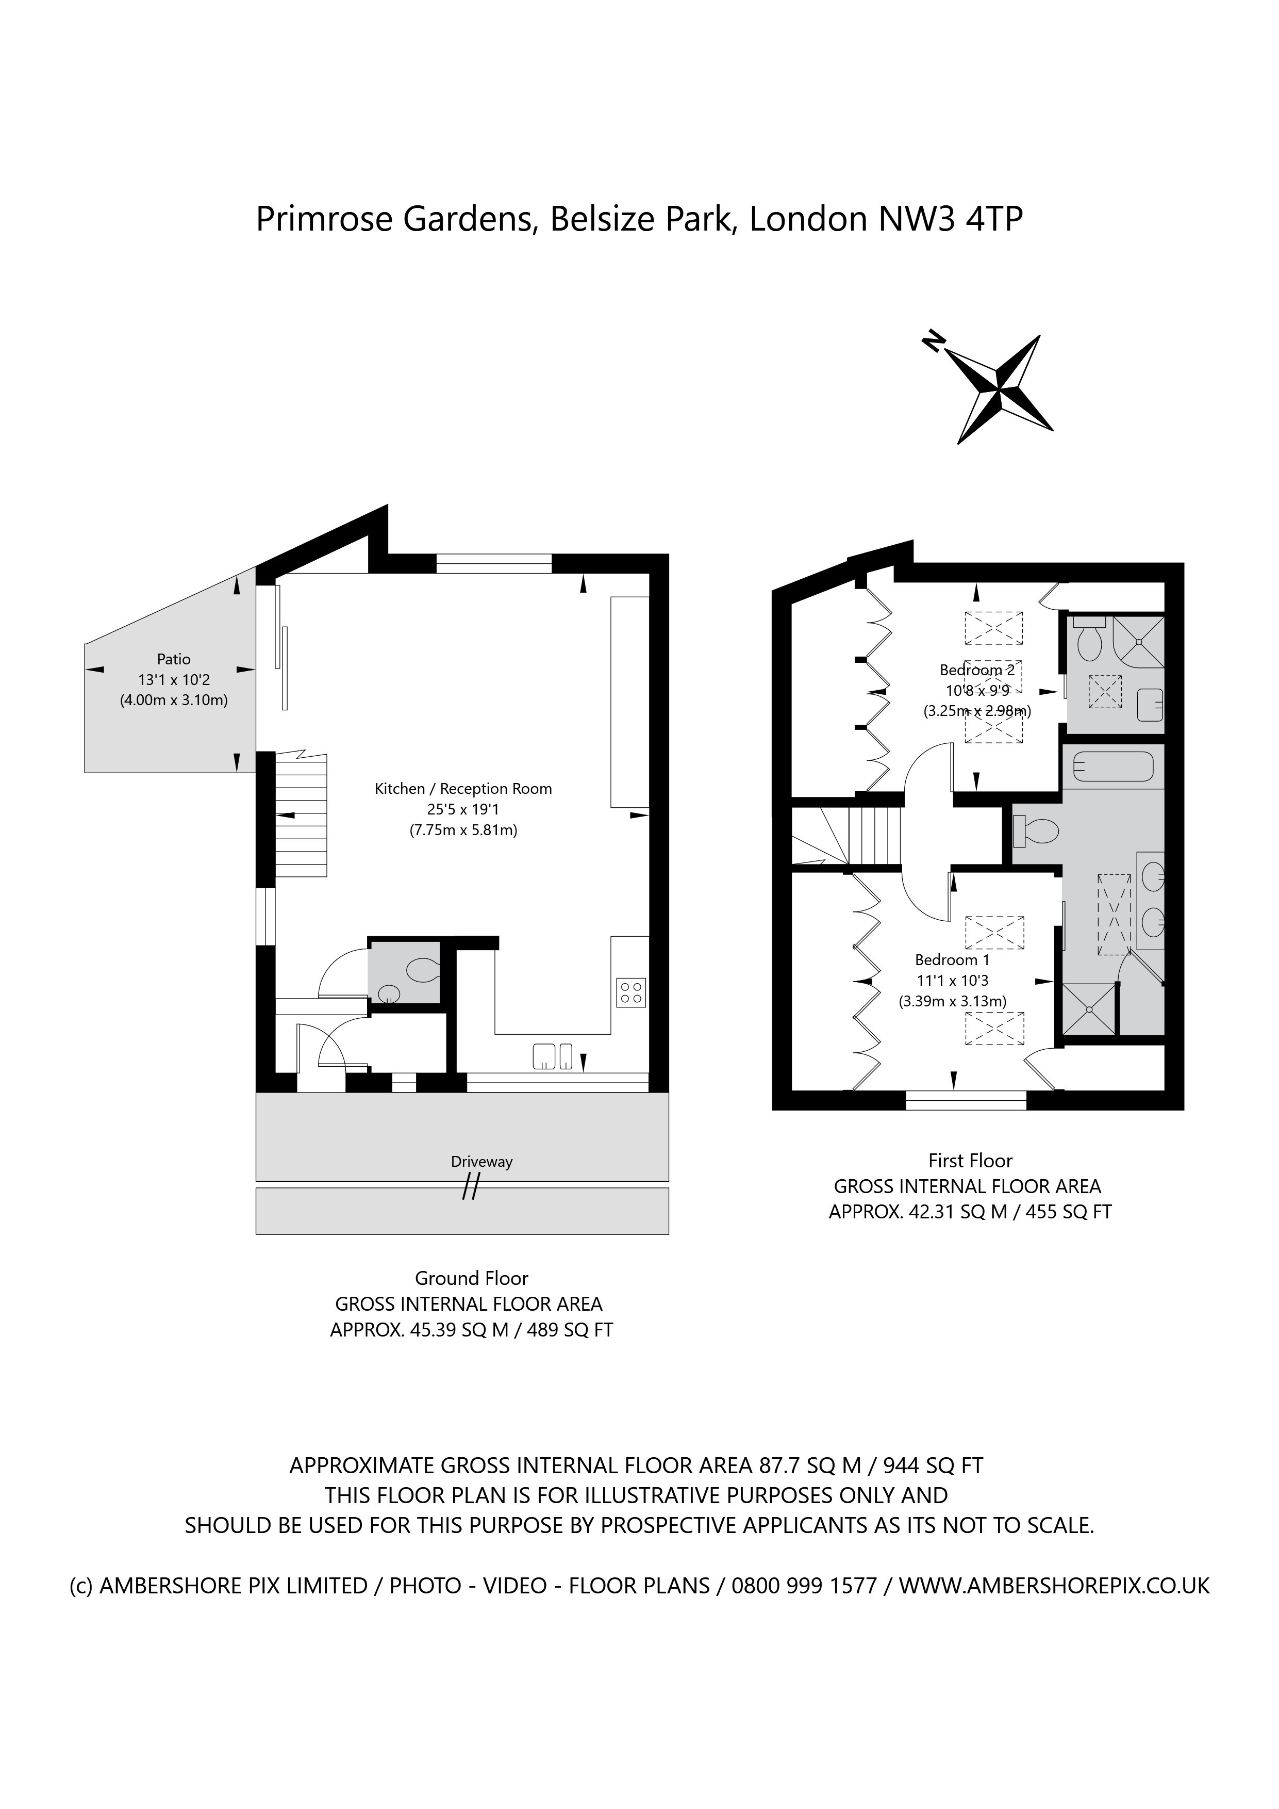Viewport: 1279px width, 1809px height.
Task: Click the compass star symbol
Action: coord(998,388)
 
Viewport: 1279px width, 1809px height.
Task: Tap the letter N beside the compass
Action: coord(933,340)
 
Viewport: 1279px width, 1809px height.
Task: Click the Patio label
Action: coord(173,659)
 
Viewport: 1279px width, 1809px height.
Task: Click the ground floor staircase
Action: coord(301,816)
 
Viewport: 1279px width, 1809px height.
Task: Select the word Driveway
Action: coord(481,1161)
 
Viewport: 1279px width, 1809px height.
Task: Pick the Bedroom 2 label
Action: coord(976,670)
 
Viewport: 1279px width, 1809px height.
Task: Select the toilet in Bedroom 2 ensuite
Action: coord(1090,642)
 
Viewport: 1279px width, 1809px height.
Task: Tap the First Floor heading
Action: coord(970,1161)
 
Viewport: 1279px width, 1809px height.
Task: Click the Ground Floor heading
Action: coord(471,1278)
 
